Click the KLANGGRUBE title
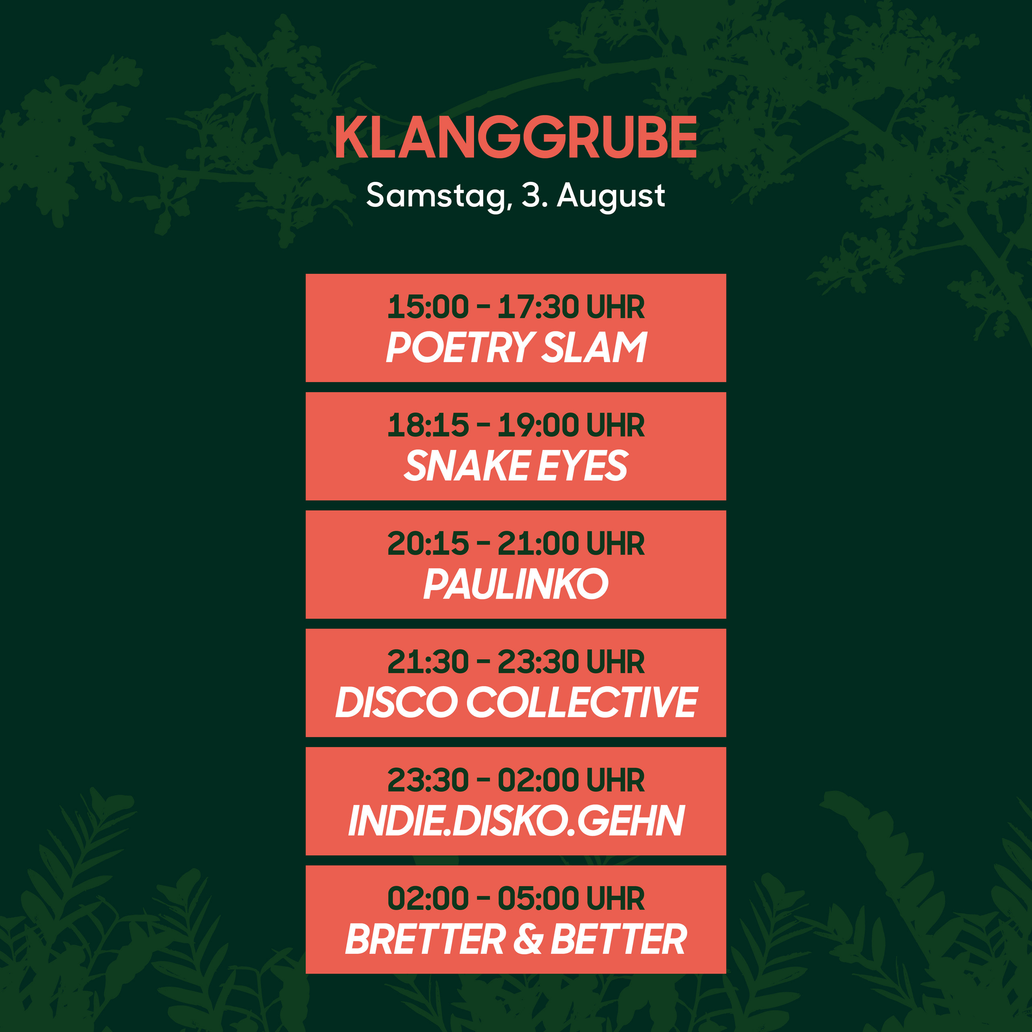click(x=516, y=137)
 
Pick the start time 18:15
click(x=428, y=425)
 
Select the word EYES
click(x=582, y=465)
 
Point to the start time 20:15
click(x=428, y=544)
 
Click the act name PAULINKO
click(x=516, y=584)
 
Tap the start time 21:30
click(x=428, y=662)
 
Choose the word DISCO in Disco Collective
click(x=397, y=702)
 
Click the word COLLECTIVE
click(x=582, y=702)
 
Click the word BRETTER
click(x=425, y=939)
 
